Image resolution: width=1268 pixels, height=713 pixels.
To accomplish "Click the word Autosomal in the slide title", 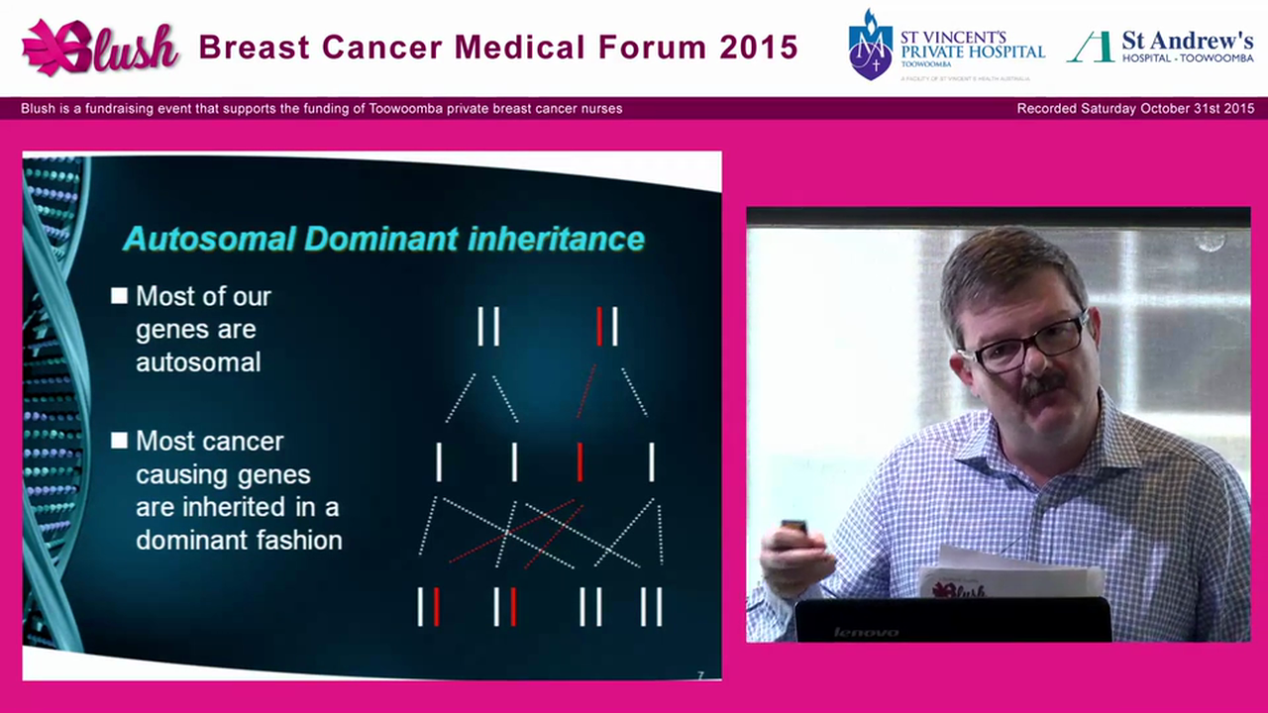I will (x=209, y=239).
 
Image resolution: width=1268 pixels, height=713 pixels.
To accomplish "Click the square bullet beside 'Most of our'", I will (x=120, y=296).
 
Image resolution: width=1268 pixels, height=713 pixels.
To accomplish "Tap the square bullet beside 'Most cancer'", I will (x=120, y=441).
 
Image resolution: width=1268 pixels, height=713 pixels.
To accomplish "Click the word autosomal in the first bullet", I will (x=198, y=362).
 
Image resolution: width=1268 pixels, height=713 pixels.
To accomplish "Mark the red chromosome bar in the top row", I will (x=599, y=327).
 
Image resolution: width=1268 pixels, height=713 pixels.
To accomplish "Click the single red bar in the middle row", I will (x=581, y=462).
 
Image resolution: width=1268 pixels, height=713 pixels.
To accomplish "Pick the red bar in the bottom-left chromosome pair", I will (x=437, y=606).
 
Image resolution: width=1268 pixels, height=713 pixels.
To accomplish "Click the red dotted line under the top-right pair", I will (x=586, y=391).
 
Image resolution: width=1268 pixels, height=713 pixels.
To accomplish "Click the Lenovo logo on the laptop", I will (x=866, y=632).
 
